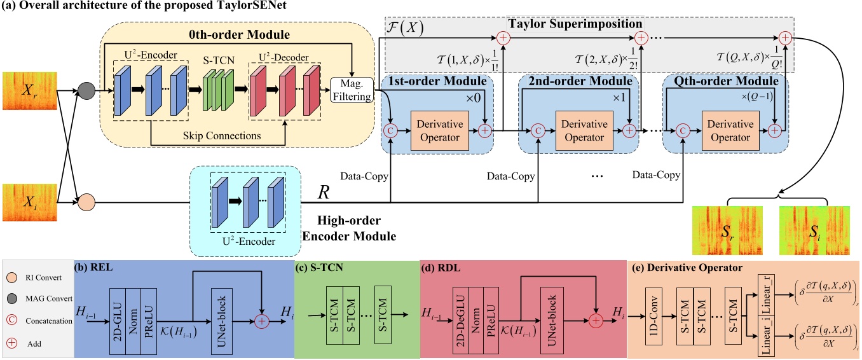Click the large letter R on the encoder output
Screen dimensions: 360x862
coord(324,192)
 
